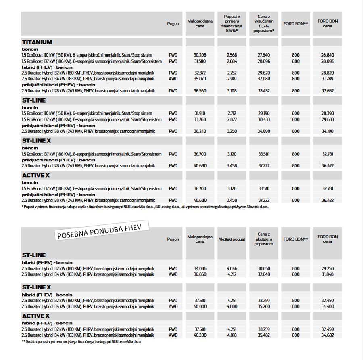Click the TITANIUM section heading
coord(37,42)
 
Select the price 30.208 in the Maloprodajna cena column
coord(200,55)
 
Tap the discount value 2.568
coord(232,55)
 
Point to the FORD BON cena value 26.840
coord(328,55)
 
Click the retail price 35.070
coord(200,79)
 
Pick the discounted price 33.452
coord(263,91)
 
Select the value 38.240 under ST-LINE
coord(200,131)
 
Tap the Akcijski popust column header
coord(232,239)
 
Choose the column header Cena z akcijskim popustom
coord(263,239)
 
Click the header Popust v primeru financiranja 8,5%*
coord(232,23)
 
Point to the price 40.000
coord(200,306)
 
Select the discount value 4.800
coord(232,306)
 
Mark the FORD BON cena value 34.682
coord(328,335)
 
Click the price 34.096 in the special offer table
coord(200,268)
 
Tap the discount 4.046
coord(232,268)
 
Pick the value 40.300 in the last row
coord(200,335)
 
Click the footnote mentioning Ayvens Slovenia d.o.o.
coord(145,207)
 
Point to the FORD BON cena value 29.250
coord(328,268)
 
